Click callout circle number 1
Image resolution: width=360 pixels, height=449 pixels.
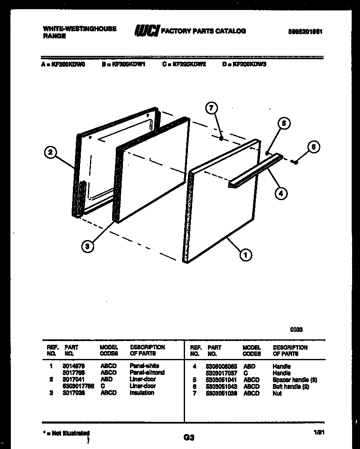(245, 254)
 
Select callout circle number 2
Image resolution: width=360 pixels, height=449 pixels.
(50, 152)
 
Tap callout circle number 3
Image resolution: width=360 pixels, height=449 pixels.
(87, 246)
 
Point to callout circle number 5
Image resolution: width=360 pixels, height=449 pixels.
(283, 123)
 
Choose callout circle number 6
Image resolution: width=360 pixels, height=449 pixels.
(314, 147)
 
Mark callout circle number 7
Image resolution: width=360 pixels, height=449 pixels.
(212, 108)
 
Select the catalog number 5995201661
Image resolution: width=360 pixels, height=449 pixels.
(306, 32)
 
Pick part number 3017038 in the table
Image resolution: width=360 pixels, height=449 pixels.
(75, 393)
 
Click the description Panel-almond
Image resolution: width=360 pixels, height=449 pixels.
(147, 372)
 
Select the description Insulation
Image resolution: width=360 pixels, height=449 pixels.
(142, 393)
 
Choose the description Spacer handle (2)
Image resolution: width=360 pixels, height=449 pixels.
(295, 380)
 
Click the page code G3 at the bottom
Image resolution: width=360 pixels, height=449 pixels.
(189, 437)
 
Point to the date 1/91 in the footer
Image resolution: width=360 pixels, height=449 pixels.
(319, 433)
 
